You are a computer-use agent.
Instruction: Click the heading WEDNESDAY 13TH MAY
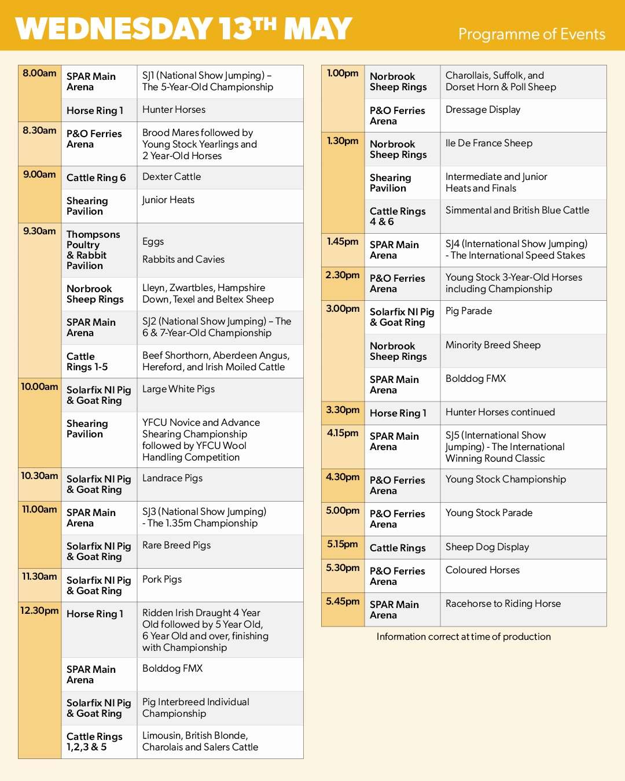pos(183,28)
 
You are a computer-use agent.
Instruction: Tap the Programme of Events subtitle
pos(531,34)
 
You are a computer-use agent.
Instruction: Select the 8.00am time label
pos(39,73)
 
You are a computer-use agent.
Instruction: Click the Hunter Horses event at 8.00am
pos(174,110)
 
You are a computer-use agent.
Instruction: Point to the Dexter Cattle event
pos(171,177)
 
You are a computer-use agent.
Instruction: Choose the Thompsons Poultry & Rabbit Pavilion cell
pos(93,250)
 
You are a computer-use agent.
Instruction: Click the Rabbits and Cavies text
pos(183,260)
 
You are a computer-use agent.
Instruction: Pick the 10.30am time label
pos(39,476)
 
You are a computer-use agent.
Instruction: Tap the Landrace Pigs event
pos(172,478)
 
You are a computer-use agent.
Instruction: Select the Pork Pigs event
pos(162,580)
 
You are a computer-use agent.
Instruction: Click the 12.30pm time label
pos(39,611)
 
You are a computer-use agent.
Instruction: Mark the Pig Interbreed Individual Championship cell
pos(196,708)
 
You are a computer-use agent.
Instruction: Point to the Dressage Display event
pos(483,110)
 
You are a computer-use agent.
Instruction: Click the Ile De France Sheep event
pos(488,143)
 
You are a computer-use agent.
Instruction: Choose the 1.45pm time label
pos(343,242)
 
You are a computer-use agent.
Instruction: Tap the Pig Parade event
pos(469,311)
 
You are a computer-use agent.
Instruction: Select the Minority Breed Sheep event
pos(493,345)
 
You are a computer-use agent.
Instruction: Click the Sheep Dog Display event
pos(487,547)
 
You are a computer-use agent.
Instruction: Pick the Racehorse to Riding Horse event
pos(503,604)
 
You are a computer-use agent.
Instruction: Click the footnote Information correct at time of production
pos(464,637)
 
